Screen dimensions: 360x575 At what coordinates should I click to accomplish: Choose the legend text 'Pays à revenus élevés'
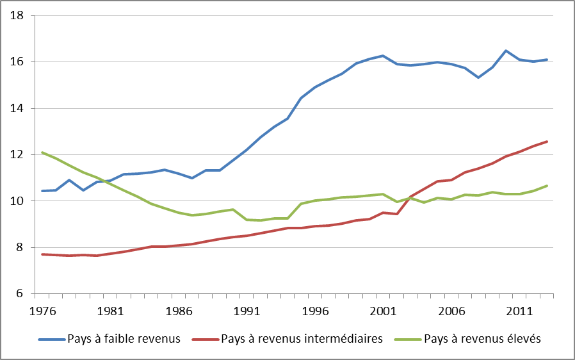point(482,339)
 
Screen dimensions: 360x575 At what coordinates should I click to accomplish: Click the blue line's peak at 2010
point(506,51)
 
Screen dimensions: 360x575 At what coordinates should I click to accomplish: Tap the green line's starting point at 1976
point(42,152)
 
